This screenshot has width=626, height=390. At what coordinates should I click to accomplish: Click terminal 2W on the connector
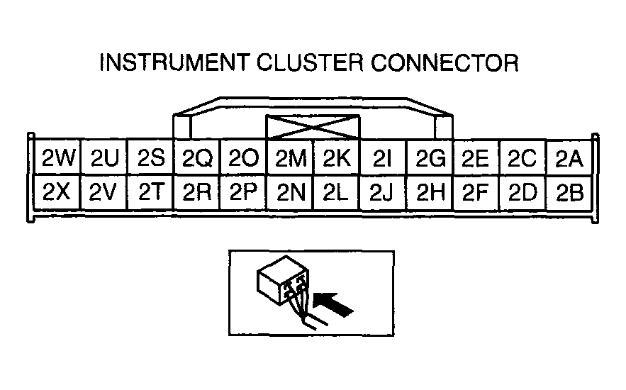click(x=58, y=158)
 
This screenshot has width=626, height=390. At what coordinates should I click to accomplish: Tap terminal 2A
click(x=569, y=158)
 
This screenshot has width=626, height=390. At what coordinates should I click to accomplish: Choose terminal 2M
click(x=290, y=158)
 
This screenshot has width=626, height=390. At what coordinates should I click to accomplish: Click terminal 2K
click(x=336, y=158)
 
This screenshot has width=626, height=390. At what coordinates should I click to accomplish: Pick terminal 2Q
click(x=197, y=158)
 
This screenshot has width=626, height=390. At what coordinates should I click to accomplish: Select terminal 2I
click(x=382, y=158)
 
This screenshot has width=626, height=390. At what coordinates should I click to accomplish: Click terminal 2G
click(x=429, y=158)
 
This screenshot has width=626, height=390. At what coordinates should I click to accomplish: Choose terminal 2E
click(x=475, y=158)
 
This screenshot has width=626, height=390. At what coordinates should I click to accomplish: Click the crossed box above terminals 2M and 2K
click(x=313, y=128)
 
